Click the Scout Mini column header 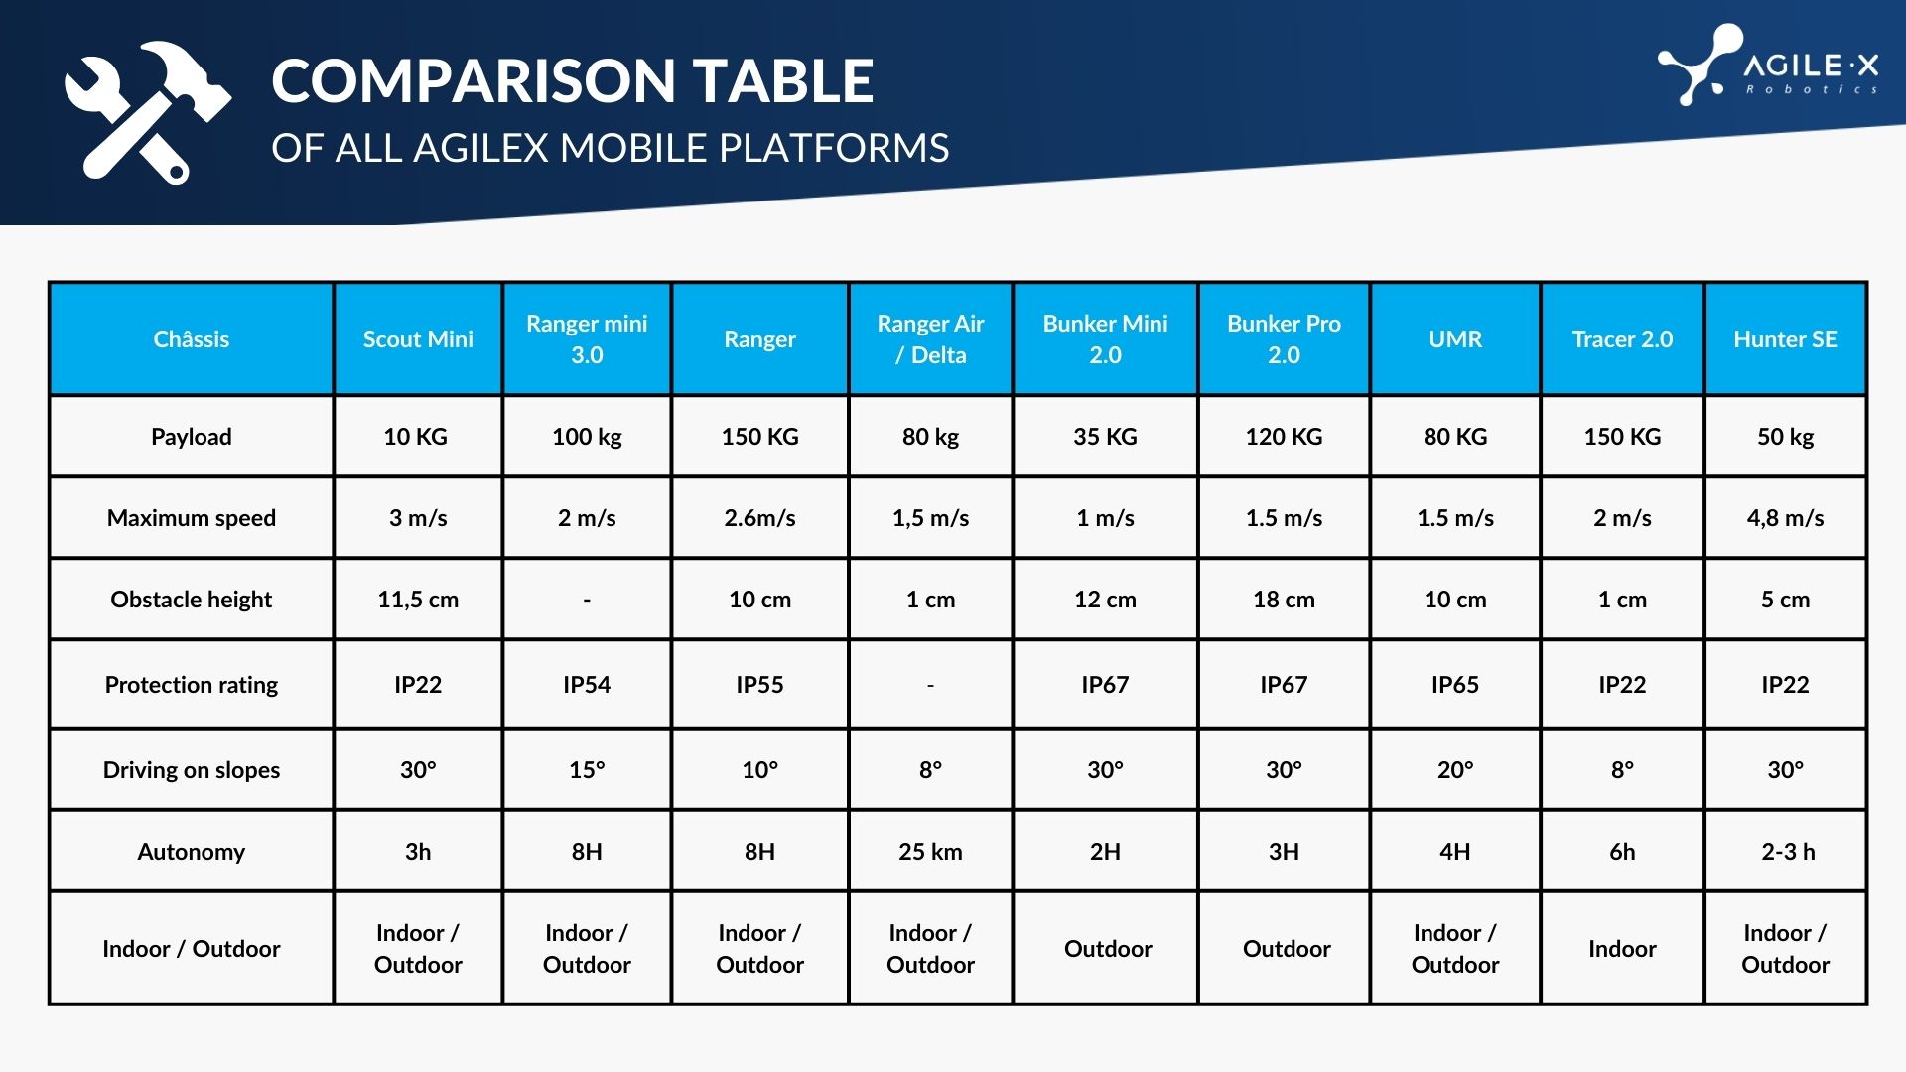pyautogui.click(x=418, y=339)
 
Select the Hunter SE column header pyautogui.click(x=1785, y=339)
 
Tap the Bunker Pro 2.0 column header pyautogui.click(x=1284, y=339)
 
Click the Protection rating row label pyautogui.click(x=192, y=685)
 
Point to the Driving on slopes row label pyautogui.click(x=192, y=770)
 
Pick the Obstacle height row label pyautogui.click(x=192, y=600)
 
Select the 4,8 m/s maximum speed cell pyautogui.click(x=1785, y=518)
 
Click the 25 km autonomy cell pyautogui.click(x=930, y=852)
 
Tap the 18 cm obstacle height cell pyautogui.click(x=1284, y=600)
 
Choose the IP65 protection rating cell pyautogui.click(x=1455, y=685)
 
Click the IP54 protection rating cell pyautogui.click(x=587, y=685)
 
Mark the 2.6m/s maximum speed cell pyautogui.click(x=759, y=518)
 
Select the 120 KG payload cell pyautogui.click(x=1284, y=437)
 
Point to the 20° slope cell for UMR pyautogui.click(x=1455, y=770)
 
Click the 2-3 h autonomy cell pyautogui.click(x=1788, y=852)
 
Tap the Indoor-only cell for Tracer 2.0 pyautogui.click(x=1622, y=949)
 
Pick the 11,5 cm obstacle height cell pyautogui.click(x=418, y=600)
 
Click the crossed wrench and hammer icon pyautogui.click(x=148, y=112)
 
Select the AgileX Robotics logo pyautogui.click(x=1768, y=66)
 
